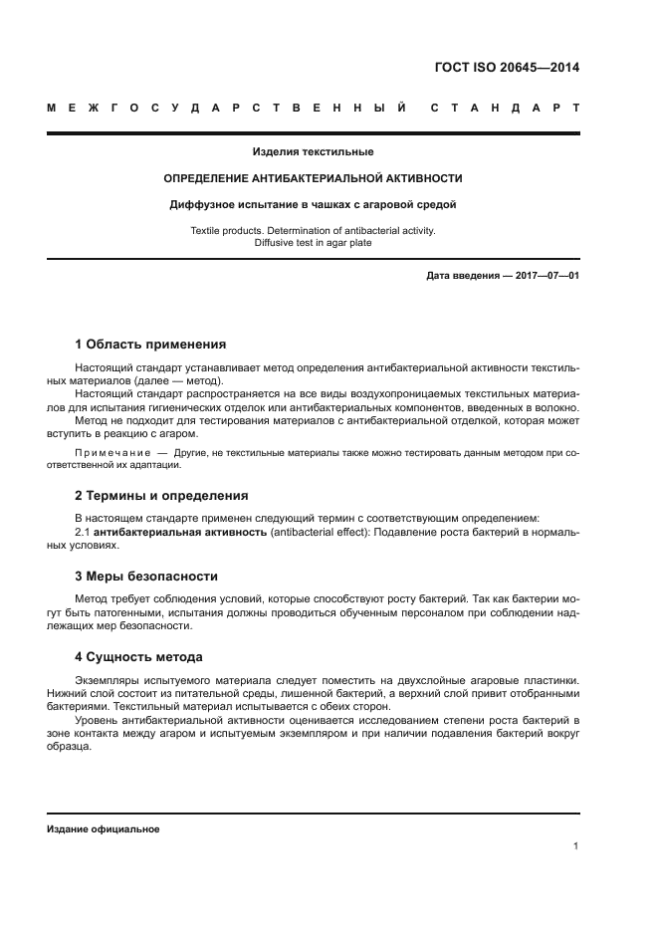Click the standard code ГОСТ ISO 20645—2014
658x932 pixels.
point(508,68)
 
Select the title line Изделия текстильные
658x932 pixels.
point(313,152)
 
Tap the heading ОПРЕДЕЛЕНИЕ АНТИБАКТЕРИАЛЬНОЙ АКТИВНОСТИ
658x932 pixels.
point(313,178)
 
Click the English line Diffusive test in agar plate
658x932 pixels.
point(313,242)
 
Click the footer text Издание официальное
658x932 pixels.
point(103,828)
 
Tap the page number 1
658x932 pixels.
point(575,846)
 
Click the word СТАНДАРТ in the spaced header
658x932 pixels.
point(504,108)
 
